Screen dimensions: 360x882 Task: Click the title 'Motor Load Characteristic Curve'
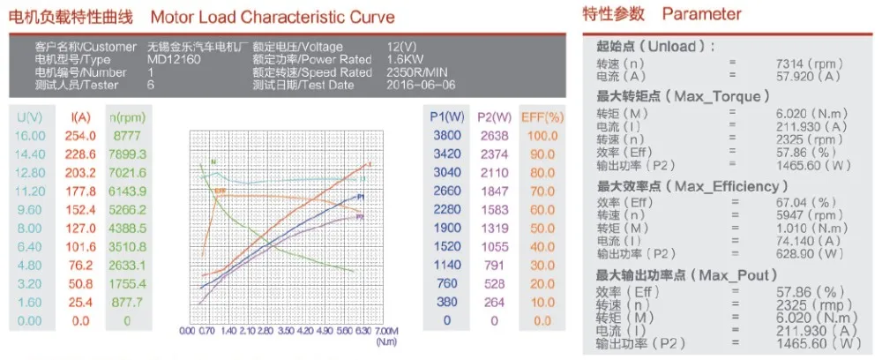click(x=273, y=17)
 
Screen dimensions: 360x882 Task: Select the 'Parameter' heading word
click(x=701, y=14)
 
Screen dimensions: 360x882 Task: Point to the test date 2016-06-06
click(x=422, y=85)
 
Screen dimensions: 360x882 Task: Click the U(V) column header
click(x=29, y=116)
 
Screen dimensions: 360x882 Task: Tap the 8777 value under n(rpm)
click(x=126, y=135)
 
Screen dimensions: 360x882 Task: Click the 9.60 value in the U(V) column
click(x=29, y=209)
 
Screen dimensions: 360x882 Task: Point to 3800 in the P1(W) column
click(x=447, y=135)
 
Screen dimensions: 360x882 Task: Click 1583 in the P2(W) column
click(x=494, y=209)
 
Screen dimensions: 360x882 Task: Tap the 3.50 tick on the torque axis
click(x=286, y=331)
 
